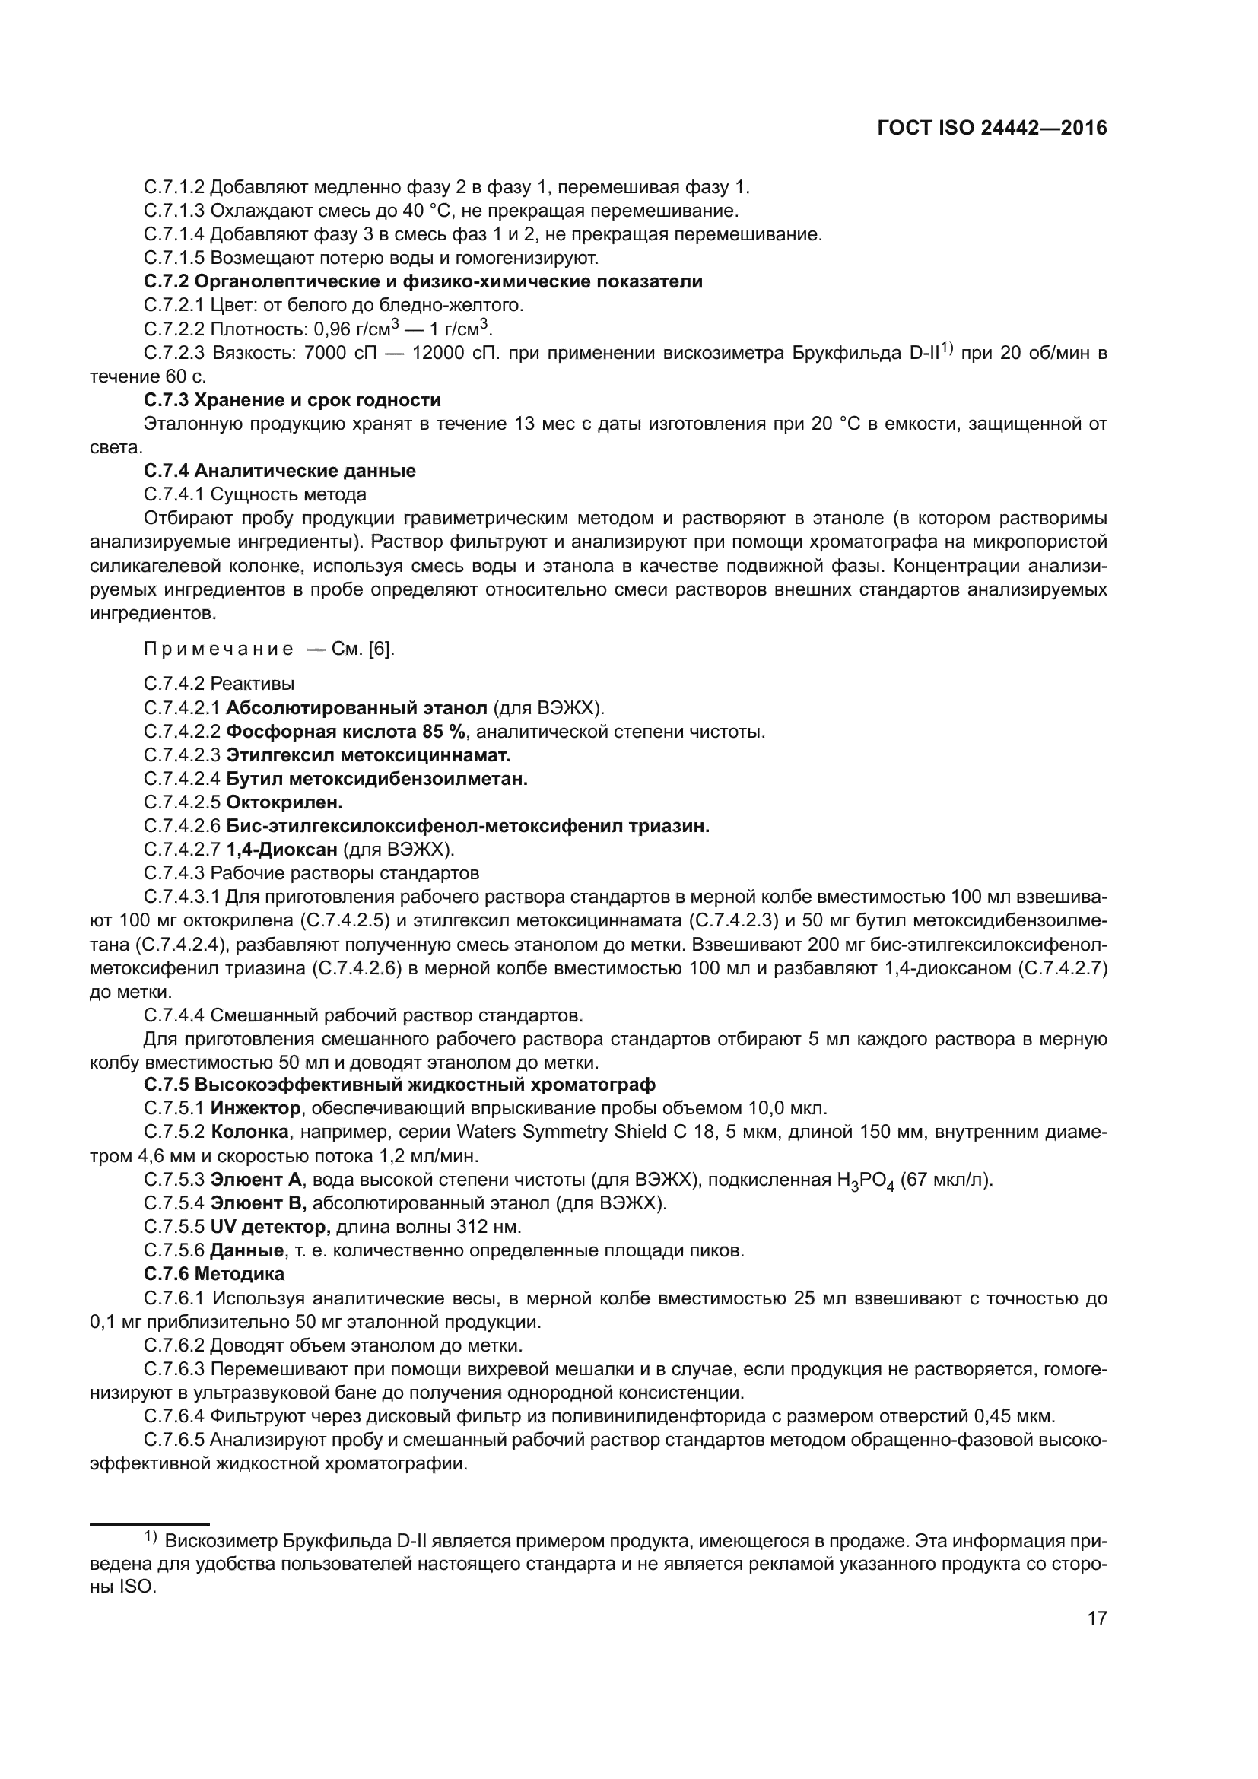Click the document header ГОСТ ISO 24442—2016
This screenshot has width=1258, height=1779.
click(992, 129)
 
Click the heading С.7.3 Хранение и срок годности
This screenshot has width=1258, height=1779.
click(292, 400)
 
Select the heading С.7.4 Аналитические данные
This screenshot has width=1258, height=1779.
click(280, 470)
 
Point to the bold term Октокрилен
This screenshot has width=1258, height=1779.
click(284, 802)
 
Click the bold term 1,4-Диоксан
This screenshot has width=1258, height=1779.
click(282, 850)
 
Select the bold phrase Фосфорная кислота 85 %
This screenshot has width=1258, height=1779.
click(345, 732)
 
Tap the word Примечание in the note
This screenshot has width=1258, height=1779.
click(218, 650)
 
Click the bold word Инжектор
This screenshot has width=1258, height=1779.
click(255, 1108)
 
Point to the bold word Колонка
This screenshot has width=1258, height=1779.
click(249, 1132)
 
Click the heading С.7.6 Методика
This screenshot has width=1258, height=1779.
click(214, 1274)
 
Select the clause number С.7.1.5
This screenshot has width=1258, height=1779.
click(174, 257)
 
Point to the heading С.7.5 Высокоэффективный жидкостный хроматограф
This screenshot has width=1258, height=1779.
click(400, 1084)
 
